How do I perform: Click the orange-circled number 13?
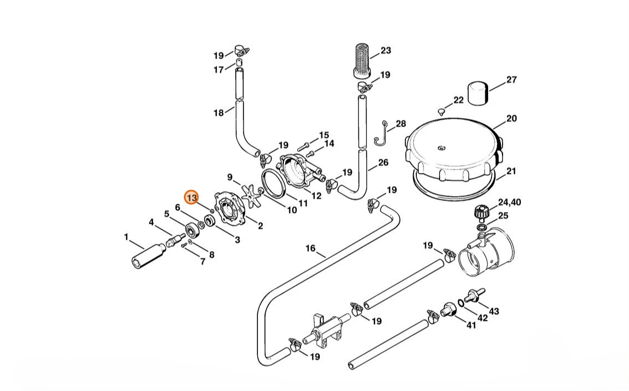click(192, 198)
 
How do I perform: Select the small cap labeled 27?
click(478, 93)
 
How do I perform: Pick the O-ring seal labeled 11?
click(273, 183)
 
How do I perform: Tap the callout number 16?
click(310, 249)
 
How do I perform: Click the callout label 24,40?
click(509, 202)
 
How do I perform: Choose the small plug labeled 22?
click(440, 112)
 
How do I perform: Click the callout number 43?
click(494, 311)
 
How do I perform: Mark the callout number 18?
click(219, 113)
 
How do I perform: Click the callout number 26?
click(383, 162)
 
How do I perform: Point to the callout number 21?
click(511, 171)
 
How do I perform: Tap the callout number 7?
click(202, 262)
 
